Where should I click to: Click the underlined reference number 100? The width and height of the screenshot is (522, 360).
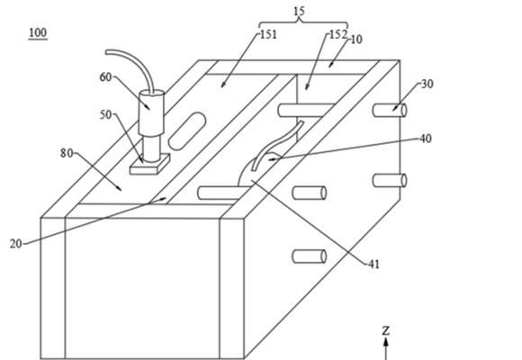(x=38, y=33)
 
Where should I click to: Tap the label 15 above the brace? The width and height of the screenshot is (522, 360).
(x=300, y=12)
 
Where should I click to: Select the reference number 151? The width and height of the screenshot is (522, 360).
(x=268, y=34)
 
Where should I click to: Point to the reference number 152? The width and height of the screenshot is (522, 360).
(x=337, y=34)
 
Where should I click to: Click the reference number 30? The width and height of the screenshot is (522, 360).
(x=427, y=84)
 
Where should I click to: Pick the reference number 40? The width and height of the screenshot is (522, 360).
(x=426, y=139)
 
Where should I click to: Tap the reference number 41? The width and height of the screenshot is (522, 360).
(x=373, y=264)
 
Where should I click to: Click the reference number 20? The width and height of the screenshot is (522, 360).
(x=15, y=244)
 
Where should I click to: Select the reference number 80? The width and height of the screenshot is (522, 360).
(x=67, y=153)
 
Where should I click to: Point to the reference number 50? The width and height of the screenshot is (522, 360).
(x=106, y=115)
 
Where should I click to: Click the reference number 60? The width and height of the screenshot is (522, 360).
(x=105, y=77)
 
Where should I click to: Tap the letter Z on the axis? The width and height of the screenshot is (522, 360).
(x=386, y=330)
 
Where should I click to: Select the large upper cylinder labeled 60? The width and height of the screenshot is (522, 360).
(x=151, y=112)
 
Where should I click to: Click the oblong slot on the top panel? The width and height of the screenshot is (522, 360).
(x=186, y=130)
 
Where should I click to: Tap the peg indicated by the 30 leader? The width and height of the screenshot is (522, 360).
(x=390, y=111)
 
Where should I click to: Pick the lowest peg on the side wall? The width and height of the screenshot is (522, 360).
(x=310, y=256)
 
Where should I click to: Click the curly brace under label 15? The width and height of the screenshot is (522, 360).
(x=303, y=22)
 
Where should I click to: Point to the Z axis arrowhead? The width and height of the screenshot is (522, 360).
(x=386, y=342)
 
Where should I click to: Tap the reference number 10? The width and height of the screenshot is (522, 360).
(x=356, y=40)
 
